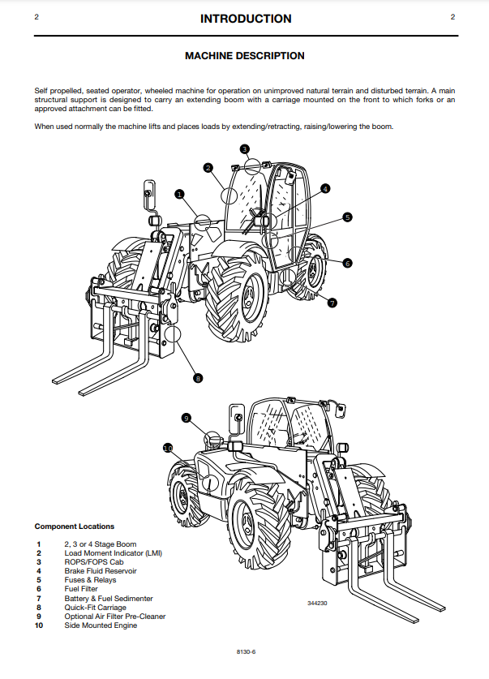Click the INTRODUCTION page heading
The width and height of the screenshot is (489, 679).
[x=245, y=19]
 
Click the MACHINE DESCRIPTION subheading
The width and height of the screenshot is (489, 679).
[x=245, y=56]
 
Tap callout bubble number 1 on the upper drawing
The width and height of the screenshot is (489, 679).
[x=179, y=194]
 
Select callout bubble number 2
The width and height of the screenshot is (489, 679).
[x=208, y=168]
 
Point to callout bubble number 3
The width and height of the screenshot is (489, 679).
[x=244, y=148]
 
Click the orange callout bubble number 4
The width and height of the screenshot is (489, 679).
[x=325, y=189]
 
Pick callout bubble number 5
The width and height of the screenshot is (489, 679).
[x=347, y=217]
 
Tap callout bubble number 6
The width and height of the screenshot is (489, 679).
[x=347, y=263]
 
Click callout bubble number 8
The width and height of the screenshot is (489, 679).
[x=198, y=377]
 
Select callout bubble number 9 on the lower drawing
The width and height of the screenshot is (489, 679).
[x=186, y=418]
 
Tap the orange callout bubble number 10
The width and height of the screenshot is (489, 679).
[x=168, y=447]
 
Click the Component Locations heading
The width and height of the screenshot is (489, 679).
[x=75, y=526]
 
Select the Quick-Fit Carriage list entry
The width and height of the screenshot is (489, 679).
[x=95, y=608]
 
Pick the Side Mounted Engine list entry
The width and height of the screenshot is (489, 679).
[x=101, y=625]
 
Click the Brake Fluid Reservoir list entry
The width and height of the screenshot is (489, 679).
[x=101, y=571]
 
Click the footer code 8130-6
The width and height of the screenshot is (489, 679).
[x=245, y=652]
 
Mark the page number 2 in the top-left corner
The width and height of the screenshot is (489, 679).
[x=36, y=17]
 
